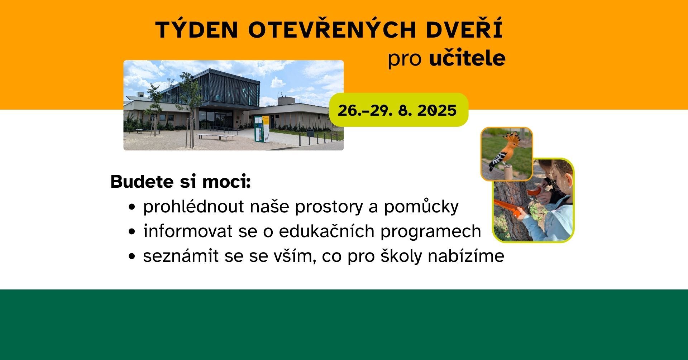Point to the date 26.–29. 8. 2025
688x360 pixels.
click(397, 110)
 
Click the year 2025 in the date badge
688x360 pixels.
click(437, 110)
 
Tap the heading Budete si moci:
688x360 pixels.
click(181, 182)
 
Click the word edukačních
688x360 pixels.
click(326, 231)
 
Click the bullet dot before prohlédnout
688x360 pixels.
click(133, 207)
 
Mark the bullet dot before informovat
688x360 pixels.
click(133, 232)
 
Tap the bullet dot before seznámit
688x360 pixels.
click(133, 257)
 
